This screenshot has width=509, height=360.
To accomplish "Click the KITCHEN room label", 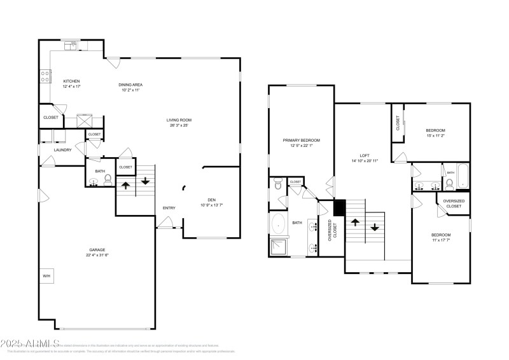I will click(x=71, y=81).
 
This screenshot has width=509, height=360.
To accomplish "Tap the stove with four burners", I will click(x=45, y=76).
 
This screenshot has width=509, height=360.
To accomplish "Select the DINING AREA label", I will click(x=130, y=85).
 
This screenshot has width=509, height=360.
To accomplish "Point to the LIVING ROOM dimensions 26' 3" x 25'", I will click(x=179, y=125).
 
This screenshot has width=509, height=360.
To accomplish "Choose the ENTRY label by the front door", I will click(x=169, y=208).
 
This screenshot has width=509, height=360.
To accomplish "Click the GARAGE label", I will click(x=97, y=250).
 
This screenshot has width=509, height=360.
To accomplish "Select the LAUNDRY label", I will click(x=62, y=150).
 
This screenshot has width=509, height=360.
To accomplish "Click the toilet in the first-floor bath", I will click(x=107, y=179).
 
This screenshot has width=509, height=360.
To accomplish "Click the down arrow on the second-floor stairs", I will click(x=375, y=226).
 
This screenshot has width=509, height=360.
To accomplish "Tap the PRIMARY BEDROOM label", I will click(x=302, y=140).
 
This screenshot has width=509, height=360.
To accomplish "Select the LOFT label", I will click(x=365, y=155).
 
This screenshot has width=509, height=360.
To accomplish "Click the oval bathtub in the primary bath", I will click(x=278, y=224).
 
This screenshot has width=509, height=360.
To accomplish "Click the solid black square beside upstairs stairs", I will click(x=339, y=207).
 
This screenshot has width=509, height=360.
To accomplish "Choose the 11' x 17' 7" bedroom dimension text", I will click(x=441, y=240).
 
